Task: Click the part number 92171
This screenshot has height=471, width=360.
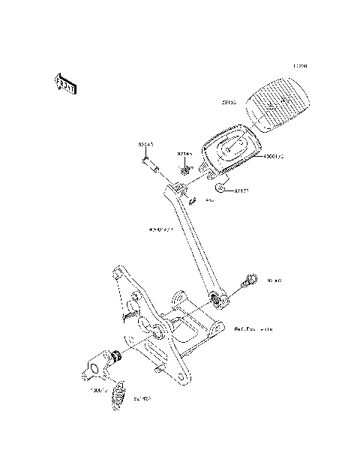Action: point(242,191)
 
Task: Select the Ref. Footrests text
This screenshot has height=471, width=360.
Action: point(253,328)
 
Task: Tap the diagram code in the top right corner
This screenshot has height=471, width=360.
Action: point(301,66)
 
